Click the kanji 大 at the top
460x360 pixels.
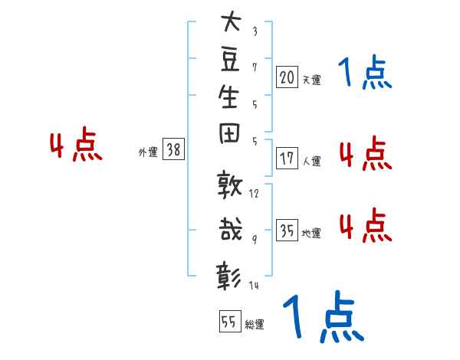point(232,21)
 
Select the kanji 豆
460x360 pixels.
point(230,60)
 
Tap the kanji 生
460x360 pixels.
point(228,97)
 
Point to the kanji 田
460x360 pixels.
point(229,133)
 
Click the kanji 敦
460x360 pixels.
point(229,184)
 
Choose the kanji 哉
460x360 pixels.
point(230,229)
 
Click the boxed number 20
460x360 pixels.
point(287,77)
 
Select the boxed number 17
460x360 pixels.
point(287,159)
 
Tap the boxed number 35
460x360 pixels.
point(287,230)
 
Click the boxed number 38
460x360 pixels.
point(174,149)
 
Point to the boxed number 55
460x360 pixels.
point(230,321)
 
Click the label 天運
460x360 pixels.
point(311,80)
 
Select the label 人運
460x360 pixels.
point(311,161)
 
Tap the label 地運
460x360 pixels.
point(311,233)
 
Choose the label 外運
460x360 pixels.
point(148,152)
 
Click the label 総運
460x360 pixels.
point(255,324)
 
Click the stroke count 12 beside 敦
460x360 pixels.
point(254,194)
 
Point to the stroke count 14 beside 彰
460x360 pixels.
point(254,285)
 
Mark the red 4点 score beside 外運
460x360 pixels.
point(76,144)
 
